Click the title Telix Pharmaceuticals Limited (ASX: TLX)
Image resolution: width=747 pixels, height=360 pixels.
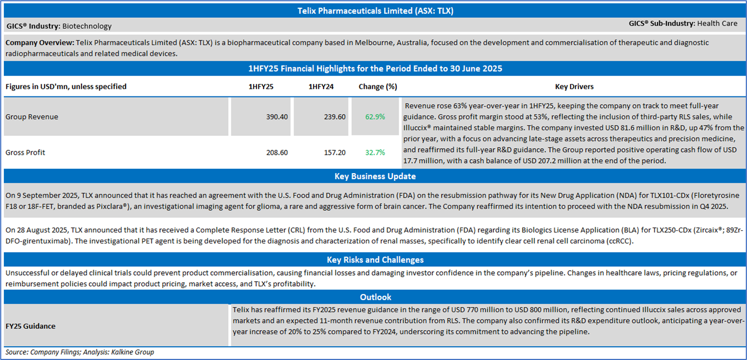[x=375, y=11]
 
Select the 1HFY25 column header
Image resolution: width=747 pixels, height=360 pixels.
[x=261, y=87]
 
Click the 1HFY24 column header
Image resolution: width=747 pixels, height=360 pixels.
[x=321, y=87]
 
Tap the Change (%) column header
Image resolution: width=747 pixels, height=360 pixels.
[x=378, y=87]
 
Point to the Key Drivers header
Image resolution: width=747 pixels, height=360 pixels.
[x=574, y=87]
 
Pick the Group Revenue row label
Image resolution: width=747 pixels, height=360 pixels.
[x=32, y=117]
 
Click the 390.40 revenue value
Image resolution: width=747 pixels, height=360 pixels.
[x=276, y=117]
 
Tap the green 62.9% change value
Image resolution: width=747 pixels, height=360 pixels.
[x=375, y=117]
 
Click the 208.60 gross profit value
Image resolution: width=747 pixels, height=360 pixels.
[x=276, y=153]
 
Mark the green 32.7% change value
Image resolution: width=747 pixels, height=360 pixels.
[x=375, y=153]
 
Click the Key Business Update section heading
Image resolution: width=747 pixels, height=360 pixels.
[x=375, y=176]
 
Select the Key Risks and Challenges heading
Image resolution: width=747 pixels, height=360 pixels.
[x=375, y=260]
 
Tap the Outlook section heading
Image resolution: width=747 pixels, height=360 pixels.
[x=375, y=297]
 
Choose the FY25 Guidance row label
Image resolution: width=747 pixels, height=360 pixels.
[x=31, y=326]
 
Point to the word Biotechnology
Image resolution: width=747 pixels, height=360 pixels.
[x=87, y=26]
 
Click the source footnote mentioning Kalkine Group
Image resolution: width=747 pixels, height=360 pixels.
[x=80, y=352]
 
